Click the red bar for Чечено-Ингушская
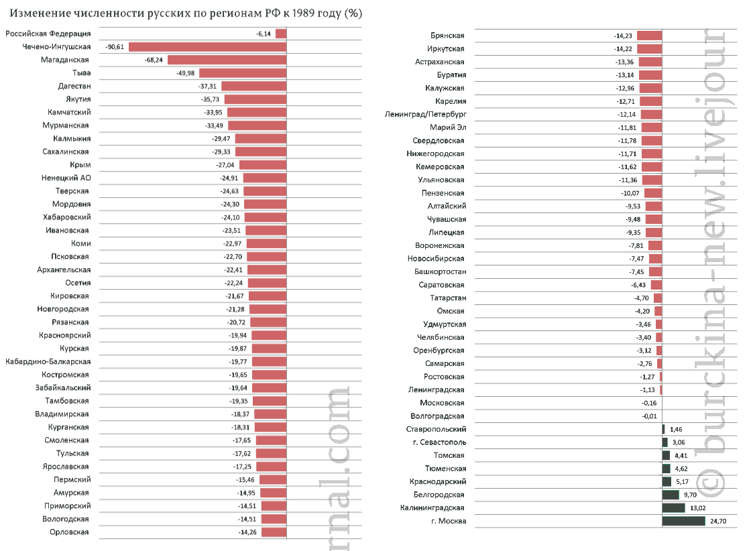207,47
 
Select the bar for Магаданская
227,60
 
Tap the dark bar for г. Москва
683,521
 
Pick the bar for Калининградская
673,508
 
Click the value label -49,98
185,73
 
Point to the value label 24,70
718,522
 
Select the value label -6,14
264,34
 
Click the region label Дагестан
74,86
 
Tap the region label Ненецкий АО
66,178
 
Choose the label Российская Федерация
48,34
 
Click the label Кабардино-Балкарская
48,361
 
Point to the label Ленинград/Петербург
425,115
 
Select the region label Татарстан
448,298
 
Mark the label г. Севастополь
439,442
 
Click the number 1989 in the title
303,13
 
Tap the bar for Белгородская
671,495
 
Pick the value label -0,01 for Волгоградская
650,416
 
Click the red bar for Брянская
650,36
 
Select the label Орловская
69,532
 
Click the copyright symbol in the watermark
711,481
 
